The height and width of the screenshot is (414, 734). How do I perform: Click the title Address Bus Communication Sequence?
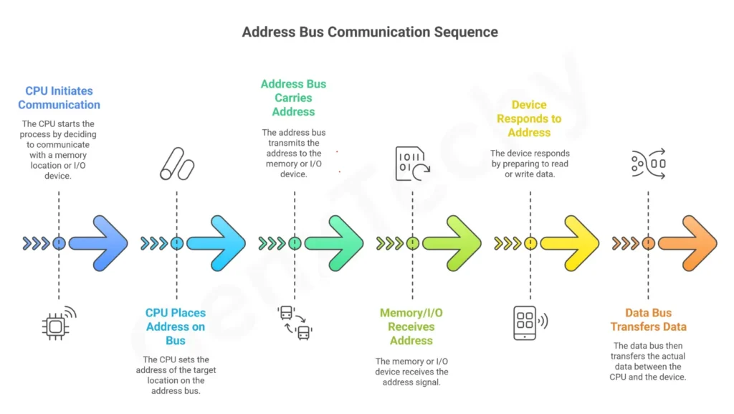tap(369, 32)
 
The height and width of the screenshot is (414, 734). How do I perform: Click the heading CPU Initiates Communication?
tap(59, 98)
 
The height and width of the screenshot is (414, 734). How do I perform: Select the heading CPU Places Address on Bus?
tap(176, 326)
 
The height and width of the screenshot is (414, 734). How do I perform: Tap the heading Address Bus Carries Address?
tap(293, 98)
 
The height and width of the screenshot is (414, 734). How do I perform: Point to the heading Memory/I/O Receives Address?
tap(411, 326)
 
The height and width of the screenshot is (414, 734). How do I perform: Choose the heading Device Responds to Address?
tap(529, 118)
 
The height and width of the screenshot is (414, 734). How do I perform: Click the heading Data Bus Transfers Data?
tap(649, 319)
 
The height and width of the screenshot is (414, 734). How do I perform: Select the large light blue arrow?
tap(216, 243)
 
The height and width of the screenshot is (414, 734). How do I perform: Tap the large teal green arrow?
tap(334, 243)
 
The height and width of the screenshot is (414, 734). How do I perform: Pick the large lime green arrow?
tap(452, 243)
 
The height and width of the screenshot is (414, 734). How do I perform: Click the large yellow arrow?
tap(570, 243)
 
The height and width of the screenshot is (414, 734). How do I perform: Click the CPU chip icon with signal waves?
tap(57, 324)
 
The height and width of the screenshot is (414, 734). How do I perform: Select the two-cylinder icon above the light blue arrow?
tap(176, 164)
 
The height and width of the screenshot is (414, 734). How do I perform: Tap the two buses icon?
tap(295, 322)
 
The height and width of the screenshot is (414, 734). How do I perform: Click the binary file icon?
tap(411, 164)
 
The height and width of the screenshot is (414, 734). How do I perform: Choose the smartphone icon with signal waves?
tap(529, 322)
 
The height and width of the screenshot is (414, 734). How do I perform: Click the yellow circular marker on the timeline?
tap(530, 243)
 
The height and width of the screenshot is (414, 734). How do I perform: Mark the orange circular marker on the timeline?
tap(648, 243)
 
